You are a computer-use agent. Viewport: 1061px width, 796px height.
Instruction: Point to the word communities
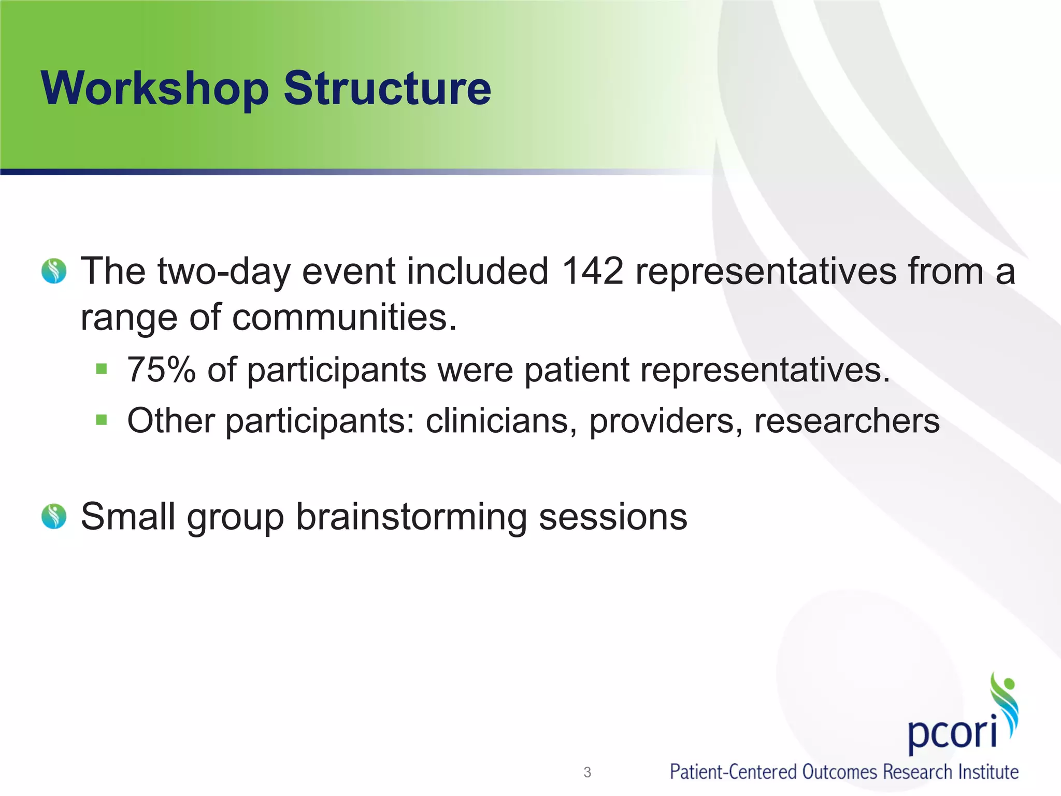345,317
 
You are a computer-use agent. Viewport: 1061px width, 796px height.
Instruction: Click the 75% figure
161,370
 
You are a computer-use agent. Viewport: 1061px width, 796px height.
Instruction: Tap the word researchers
847,420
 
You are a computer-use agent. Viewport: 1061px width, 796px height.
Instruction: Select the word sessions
613,517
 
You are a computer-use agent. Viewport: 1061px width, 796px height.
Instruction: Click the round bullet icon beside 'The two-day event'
54,271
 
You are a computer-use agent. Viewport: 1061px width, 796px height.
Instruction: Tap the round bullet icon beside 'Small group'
54,516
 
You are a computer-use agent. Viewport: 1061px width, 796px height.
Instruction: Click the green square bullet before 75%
102,369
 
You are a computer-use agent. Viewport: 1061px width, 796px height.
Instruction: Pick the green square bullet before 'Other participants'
102,419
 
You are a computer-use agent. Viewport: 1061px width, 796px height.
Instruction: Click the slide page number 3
587,772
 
